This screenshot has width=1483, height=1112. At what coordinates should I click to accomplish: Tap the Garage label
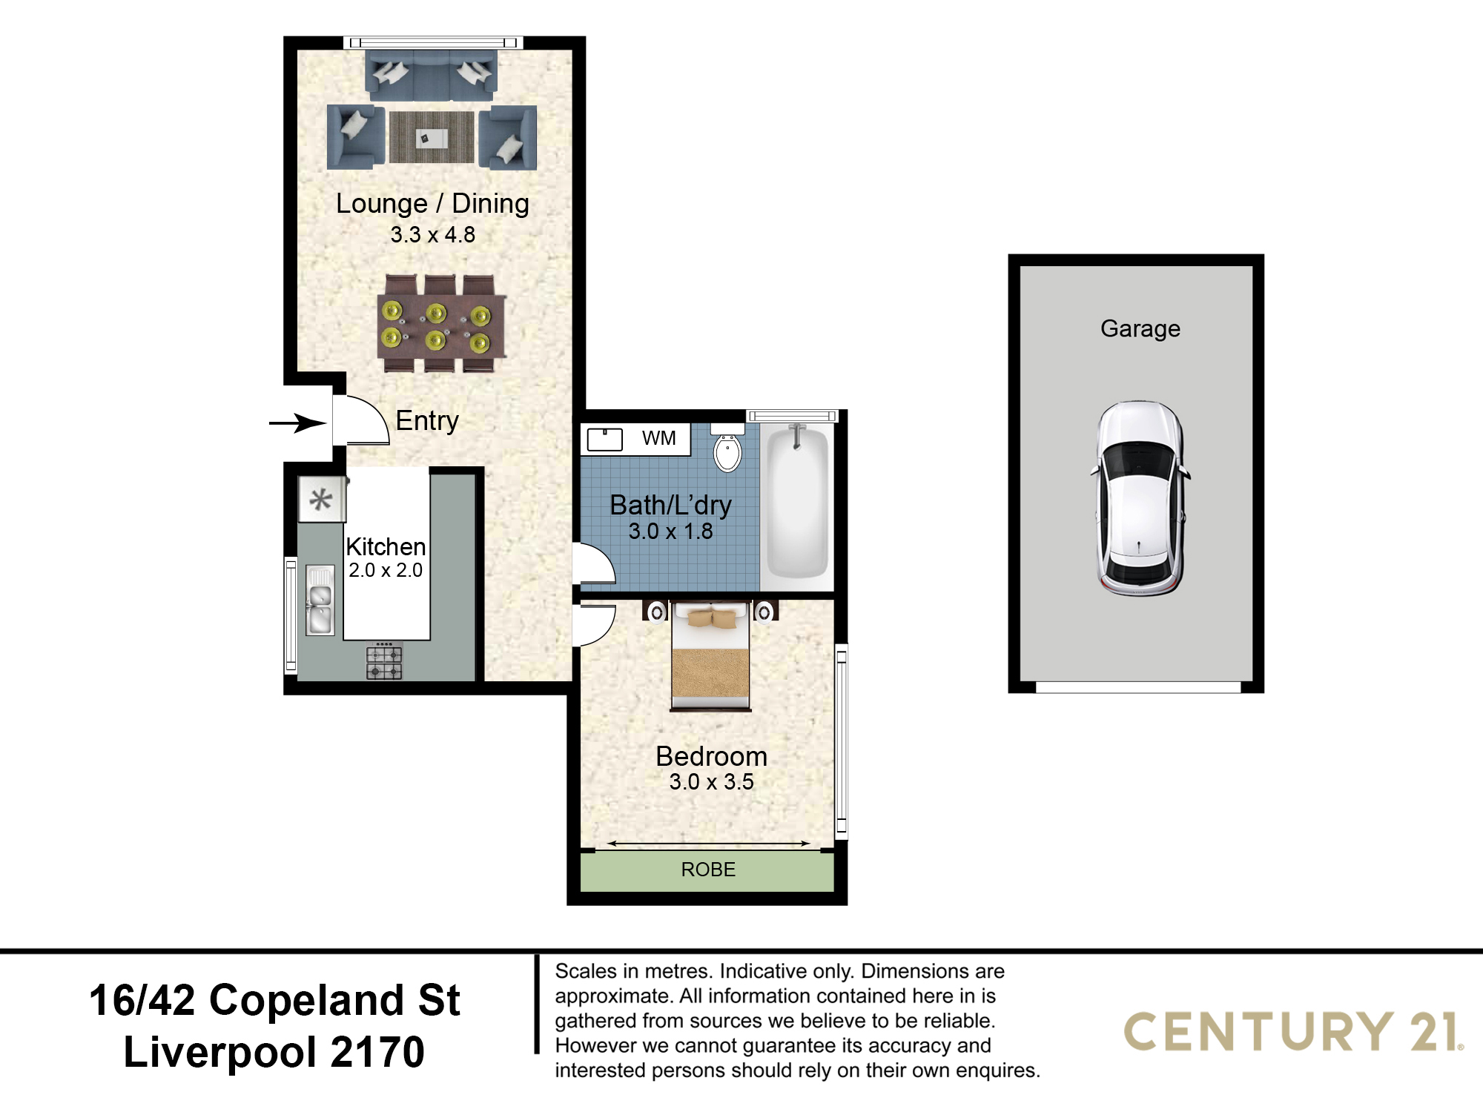1140,328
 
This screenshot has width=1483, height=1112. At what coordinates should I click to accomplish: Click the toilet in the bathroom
727,448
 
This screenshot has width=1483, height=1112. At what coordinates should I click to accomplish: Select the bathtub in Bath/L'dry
797,503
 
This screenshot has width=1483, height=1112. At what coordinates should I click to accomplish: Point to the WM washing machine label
658,438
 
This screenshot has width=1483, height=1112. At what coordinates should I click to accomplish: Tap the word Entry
427,421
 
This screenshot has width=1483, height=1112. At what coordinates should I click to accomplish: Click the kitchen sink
320,600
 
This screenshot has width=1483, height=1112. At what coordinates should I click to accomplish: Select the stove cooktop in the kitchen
384,662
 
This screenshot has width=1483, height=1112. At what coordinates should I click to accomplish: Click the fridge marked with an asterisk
321,499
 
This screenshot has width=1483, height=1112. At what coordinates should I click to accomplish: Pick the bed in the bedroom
711,656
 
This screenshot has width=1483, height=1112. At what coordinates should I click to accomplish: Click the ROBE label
708,870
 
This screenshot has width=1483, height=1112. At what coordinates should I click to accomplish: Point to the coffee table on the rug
431,138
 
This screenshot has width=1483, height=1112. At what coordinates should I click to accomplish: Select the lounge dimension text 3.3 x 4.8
432,235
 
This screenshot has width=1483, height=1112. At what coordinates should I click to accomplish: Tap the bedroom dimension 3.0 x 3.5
711,782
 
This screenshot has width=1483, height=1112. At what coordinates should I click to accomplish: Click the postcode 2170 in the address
377,1052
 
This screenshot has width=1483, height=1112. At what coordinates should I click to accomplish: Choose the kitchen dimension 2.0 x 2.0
386,570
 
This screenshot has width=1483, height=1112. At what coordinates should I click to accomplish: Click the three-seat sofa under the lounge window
431,74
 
